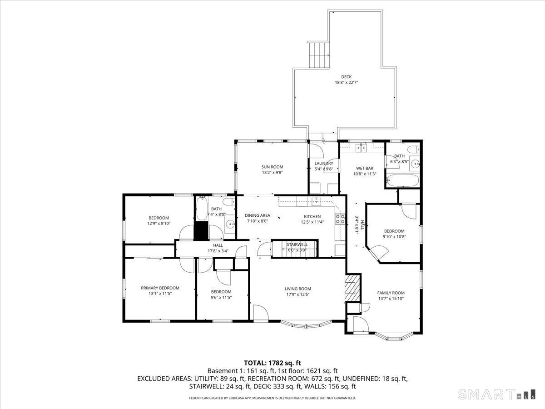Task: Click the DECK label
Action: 346,77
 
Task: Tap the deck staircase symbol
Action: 319,55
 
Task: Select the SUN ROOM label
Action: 272,167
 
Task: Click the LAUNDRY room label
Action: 324,164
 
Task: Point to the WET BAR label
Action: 364,168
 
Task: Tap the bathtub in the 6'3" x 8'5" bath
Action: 402,180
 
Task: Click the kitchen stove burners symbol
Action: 339,219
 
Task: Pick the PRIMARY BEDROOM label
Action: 160,288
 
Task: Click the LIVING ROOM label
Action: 298,289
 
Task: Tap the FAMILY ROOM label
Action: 391,293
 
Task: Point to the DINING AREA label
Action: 258,215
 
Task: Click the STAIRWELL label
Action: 297,244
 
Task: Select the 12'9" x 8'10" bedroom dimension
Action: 159,223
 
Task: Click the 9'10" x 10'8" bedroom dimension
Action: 393,236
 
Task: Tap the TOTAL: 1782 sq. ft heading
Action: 272,363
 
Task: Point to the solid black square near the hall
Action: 200,231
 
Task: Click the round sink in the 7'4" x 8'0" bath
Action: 230,224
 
